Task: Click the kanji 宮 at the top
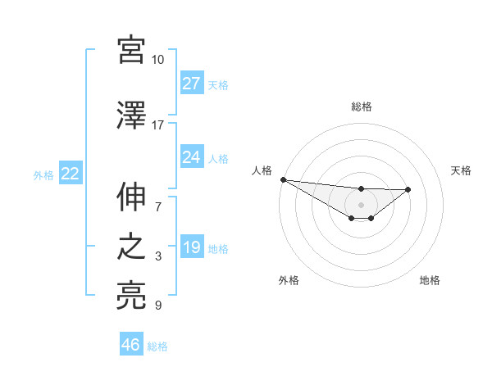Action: click(x=131, y=49)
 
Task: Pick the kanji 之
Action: click(x=131, y=247)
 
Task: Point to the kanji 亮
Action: click(x=131, y=295)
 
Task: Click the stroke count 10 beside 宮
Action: click(x=157, y=60)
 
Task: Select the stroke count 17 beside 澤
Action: click(x=157, y=125)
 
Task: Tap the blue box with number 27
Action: click(x=192, y=84)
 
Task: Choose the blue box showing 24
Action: click(x=192, y=157)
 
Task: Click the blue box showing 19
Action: click(x=192, y=247)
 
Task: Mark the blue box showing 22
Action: click(x=70, y=174)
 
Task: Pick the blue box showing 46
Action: click(x=131, y=345)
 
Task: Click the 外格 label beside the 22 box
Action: click(x=43, y=174)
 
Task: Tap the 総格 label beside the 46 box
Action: click(x=157, y=346)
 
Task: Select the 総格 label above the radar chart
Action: click(x=361, y=106)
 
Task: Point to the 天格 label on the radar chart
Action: click(x=462, y=170)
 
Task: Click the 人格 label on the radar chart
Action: click(x=262, y=170)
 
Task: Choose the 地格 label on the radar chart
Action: click(x=430, y=280)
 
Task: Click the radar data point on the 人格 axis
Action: click(x=283, y=179)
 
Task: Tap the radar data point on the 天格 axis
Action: click(x=408, y=189)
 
